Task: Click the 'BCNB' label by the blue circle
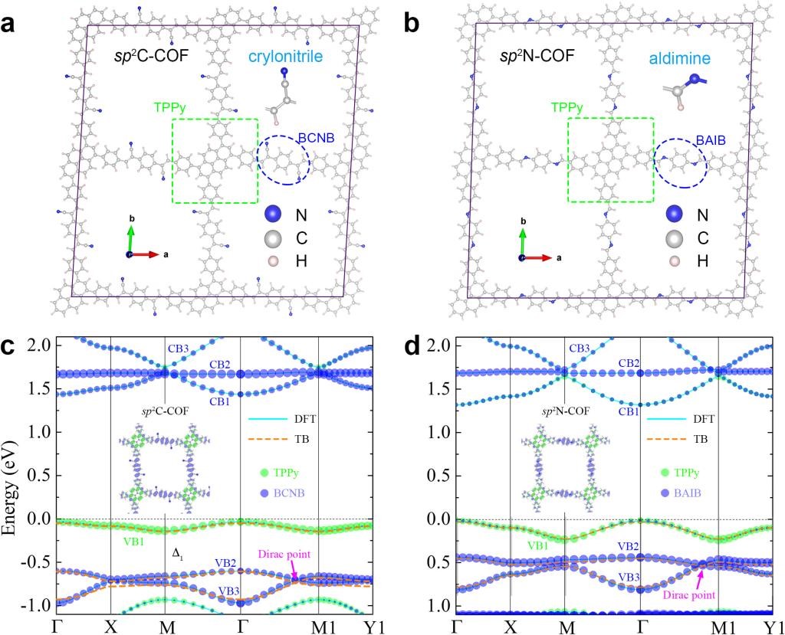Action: tap(313, 139)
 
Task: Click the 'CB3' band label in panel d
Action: tap(580, 349)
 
